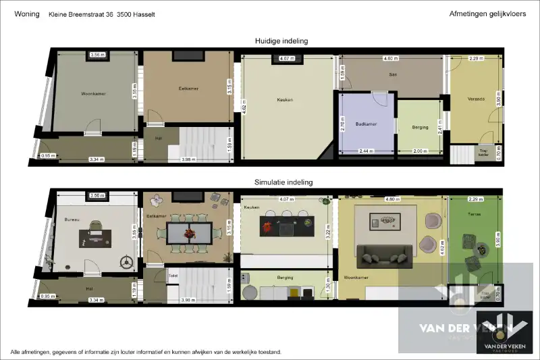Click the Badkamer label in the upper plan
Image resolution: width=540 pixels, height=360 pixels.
point(366,125)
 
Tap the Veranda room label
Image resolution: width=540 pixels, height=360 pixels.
point(476,99)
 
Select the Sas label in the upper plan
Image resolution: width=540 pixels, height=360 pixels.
point(392,75)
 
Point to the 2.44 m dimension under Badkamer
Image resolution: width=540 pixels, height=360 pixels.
point(367,151)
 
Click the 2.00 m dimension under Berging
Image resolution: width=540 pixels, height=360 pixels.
point(420,151)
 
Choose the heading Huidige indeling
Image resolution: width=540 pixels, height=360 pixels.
point(281,41)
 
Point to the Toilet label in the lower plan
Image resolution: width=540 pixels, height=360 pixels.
point(172,276)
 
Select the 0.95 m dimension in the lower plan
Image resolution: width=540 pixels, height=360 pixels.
point(48,296)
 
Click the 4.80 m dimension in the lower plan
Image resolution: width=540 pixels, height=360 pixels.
point(392,199)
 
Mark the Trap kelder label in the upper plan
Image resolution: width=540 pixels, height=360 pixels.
point(483,153)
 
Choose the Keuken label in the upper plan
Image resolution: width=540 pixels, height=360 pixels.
point(285,100)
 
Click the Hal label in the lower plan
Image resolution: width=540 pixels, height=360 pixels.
point(88,288)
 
